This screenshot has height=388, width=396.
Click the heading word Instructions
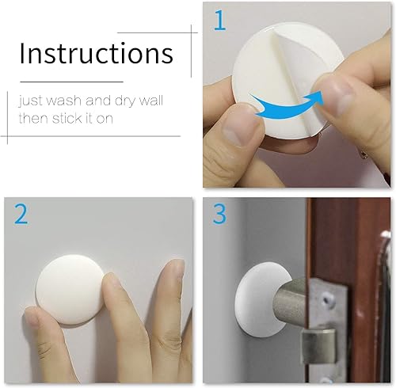point(96,53)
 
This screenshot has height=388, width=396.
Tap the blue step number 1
point(219,21)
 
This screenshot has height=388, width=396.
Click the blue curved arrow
point(288,105)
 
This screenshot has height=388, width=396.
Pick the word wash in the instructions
point(68,101)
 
